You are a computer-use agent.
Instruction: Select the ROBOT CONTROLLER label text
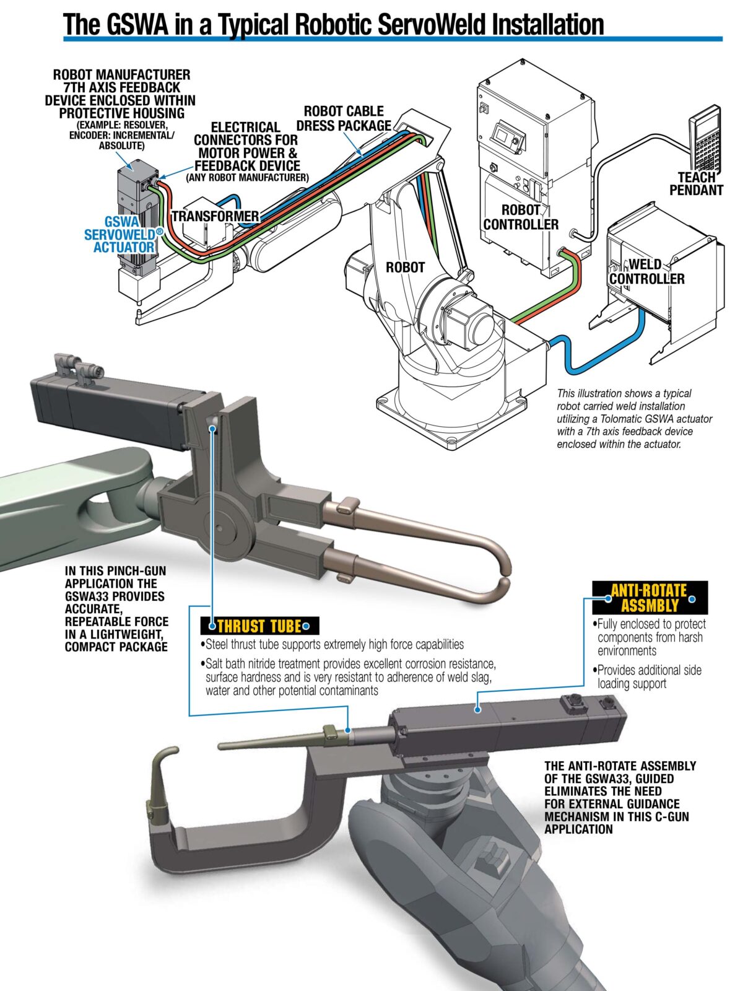(x=521, y=217)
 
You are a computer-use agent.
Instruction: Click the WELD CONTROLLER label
(x=646, y=272)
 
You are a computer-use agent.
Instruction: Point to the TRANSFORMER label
(x=215, y=216)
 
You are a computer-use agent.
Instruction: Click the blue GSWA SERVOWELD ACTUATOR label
(x=121, y=235)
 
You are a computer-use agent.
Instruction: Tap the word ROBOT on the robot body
(x=405, y=268)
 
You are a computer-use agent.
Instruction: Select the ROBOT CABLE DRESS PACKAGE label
(x=344, y=118)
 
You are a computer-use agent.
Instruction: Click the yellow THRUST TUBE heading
(x=259, y=626)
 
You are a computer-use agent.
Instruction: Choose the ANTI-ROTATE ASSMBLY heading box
(x=649, y=597)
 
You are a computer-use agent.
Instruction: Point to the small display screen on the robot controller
(x=503, y=134)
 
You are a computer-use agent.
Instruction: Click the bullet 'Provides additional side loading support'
(x=648, y=676)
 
